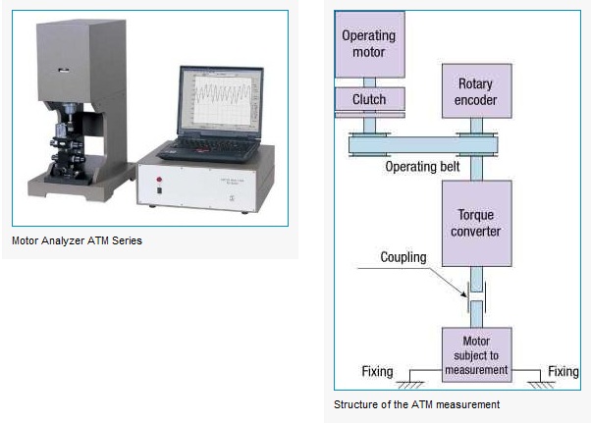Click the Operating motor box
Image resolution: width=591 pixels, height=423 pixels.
point(370,44)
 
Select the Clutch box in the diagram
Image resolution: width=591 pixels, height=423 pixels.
point(370,99)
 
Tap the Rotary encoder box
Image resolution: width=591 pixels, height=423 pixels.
point(477,90)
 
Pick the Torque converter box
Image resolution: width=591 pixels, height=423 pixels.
point(477,224)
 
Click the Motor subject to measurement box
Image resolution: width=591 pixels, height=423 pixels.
point(477,355)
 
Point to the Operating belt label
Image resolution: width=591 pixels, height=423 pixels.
point(422,167)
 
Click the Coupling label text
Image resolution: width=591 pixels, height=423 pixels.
point(403,257)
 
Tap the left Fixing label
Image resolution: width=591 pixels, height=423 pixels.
point(377,371)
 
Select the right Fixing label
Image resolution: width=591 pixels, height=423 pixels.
point(564,371)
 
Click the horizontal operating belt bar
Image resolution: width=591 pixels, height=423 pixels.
point(423,144)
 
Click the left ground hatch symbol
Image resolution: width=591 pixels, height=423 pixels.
point(410,385)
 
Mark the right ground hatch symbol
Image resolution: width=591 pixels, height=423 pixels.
point(541,385)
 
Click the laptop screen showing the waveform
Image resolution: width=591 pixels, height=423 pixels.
point(222,99)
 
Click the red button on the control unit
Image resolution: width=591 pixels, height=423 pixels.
point(159,180)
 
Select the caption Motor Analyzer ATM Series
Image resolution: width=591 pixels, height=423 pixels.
point(77,240)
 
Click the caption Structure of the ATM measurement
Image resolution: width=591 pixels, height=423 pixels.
point(416,404)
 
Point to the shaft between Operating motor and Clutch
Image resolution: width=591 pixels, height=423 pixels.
point(369,82)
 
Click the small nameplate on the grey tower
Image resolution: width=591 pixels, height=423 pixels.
point(64,70)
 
